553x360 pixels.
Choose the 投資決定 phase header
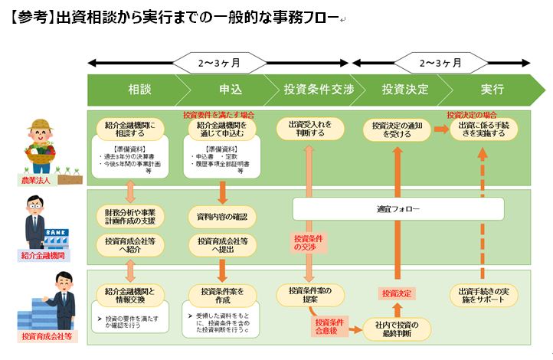(404, 90)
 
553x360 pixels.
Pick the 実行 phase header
(492, 90)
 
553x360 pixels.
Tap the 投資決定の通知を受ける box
(397, 129)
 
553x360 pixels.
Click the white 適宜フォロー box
(398, 208)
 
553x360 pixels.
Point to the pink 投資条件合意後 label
(329, 326)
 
